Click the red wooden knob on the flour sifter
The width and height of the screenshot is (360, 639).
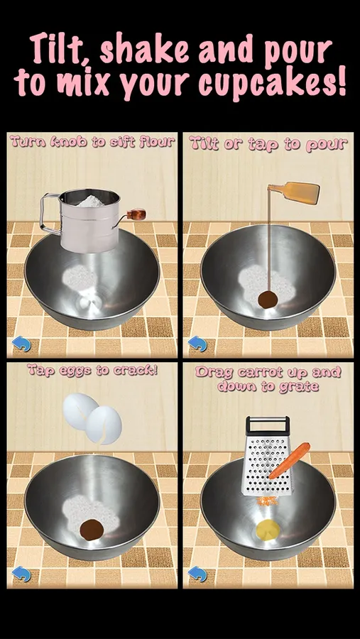[x=136, y=214]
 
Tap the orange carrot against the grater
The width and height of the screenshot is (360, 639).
[x=289, y=460]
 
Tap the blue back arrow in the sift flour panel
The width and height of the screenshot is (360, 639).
[x=21, y=344]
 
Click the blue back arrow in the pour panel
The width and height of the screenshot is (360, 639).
[x=197, y=344]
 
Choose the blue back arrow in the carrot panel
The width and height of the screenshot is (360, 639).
[x=197, y=574]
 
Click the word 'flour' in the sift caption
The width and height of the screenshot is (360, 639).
[x=156, y=142]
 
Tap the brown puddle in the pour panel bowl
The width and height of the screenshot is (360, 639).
[x=268, y=300]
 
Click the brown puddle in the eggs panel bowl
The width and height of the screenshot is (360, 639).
[x=92, y=530]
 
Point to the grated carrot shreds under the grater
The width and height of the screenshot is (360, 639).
[x=268, y=501]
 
